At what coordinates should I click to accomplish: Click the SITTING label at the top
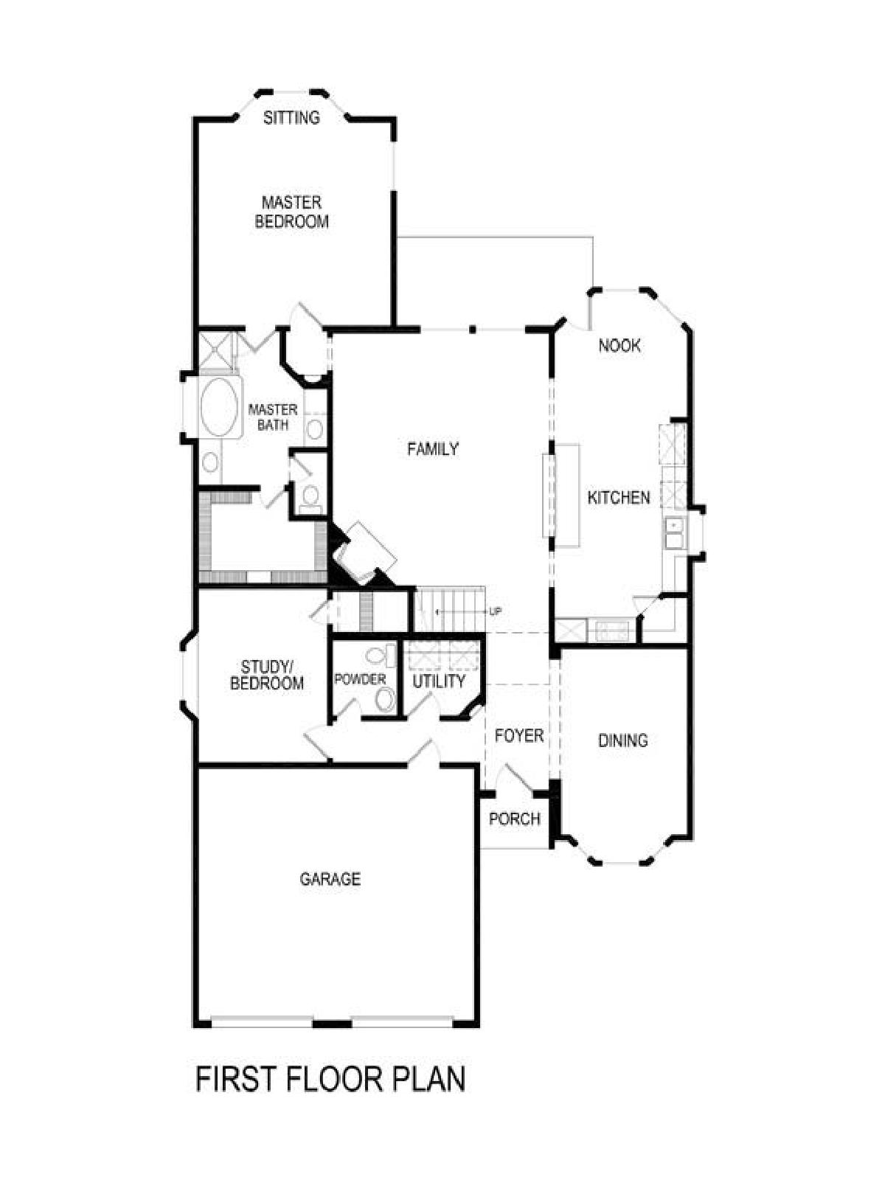[x=292, y=117]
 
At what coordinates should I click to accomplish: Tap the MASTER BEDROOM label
[x=292, y=212]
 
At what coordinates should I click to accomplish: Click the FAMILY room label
[x=433, y=448]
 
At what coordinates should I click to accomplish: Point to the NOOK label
[x=619, y=345]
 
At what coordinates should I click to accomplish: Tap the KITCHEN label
[x=619, y=497]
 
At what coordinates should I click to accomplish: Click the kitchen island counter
[x=561, y=496]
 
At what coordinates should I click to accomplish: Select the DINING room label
[x=622, y=740]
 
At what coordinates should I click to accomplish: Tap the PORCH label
[x=515, y=819]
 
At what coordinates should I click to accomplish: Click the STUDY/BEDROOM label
[x=266, y=676]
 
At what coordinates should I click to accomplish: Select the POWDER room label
[x=360, y=679]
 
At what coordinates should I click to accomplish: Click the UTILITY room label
[x=439, y=681]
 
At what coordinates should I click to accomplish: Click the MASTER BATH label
[x=272, y=417]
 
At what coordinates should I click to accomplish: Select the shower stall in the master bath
[x=217, y=350]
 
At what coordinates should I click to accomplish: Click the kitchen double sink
[x=674, y=532]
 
